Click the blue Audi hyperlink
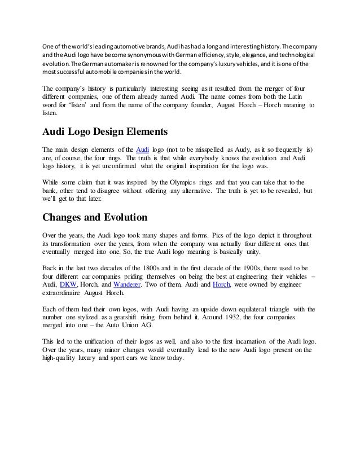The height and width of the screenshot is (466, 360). (x=143, y=149)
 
